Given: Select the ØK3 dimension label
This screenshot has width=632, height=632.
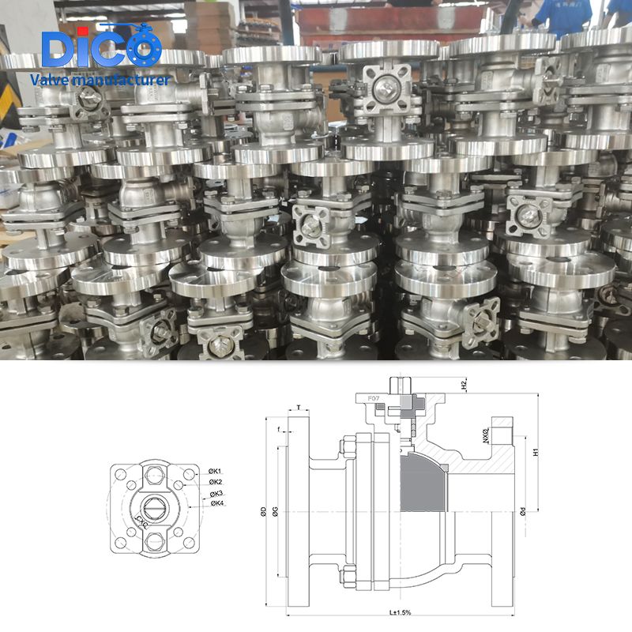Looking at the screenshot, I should point(216,493).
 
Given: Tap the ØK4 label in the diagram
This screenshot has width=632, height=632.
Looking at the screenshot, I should point(216,503).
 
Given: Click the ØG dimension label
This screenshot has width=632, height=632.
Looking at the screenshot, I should point(273,511).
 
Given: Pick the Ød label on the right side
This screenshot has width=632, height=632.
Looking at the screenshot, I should point(523,512).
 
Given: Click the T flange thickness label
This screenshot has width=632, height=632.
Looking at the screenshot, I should point(298,407).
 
